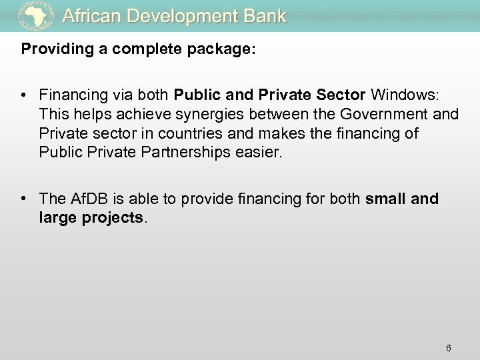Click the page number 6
coord(449,329)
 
